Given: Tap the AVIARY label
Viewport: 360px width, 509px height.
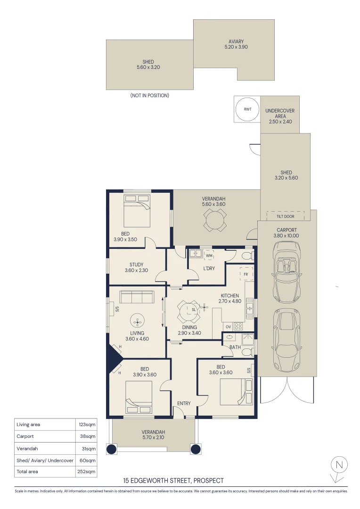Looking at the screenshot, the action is pos(236,41).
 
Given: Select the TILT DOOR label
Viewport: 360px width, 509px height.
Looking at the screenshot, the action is pos(286,216).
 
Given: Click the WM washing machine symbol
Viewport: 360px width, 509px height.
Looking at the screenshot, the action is pos(209,255).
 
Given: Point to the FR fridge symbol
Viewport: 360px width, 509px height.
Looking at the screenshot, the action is pos(246,274).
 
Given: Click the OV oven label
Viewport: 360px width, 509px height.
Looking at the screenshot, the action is pos(228,327).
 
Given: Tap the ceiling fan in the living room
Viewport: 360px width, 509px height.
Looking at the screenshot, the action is pos(137,321).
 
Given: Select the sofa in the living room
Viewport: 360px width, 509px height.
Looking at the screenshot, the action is pos(137,297).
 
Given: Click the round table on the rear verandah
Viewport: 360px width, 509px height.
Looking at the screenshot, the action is pos(213,220).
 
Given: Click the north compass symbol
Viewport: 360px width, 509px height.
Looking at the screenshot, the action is pos(339,469).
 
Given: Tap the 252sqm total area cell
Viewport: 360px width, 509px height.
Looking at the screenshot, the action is pos(86,471).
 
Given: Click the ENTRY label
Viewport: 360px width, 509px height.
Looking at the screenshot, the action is pos(184,403).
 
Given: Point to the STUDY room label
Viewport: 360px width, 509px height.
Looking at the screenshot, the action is pos(136,264).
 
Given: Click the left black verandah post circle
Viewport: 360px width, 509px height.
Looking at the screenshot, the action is pos(111,449).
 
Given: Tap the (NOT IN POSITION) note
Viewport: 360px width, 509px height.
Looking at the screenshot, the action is pos(150,95).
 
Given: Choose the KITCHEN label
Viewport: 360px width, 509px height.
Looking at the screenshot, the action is pos(230,296).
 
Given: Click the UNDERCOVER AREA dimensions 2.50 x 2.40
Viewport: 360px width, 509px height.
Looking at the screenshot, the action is pos(280,122).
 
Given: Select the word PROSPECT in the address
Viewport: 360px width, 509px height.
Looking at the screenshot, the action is pos(208,480).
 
